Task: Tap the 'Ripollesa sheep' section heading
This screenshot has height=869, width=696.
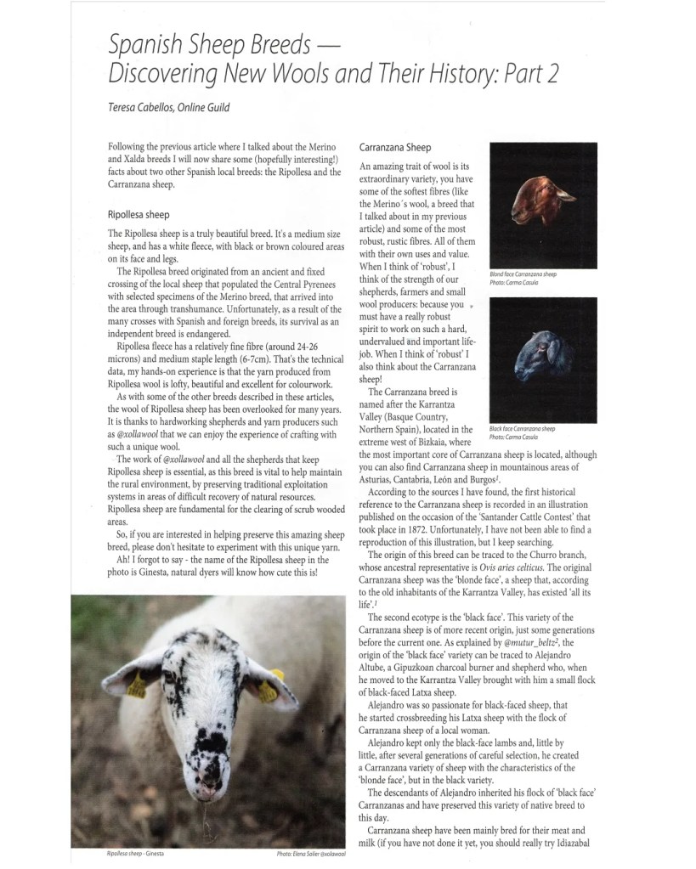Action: [139, 214]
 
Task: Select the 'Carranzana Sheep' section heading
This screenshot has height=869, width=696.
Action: [396, 147]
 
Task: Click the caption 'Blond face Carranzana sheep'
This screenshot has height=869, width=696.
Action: [523, 274]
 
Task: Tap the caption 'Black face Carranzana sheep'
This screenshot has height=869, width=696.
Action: [523, 429]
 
